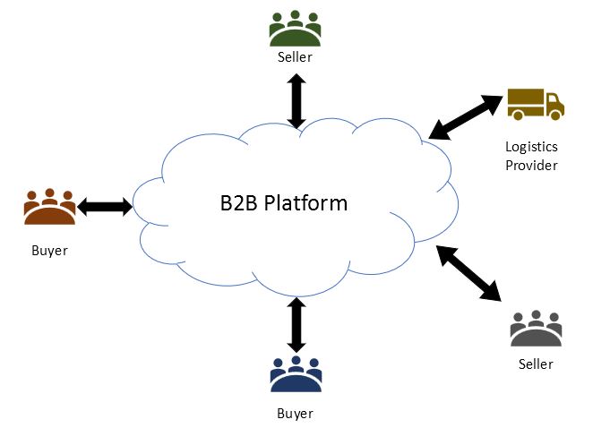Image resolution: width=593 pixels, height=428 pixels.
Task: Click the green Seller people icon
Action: click(x=295, y=30)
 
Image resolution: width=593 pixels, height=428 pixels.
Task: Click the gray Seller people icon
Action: click(x=536, y=330)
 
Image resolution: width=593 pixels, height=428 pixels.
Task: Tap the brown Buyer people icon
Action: click(x=50, y=207)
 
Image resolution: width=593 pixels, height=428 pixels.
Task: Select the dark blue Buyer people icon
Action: click(x=296, y=375)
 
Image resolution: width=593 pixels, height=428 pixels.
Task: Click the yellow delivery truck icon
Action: click(x=535, y=105)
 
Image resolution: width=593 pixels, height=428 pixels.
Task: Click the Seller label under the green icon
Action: click(x=295, y=58)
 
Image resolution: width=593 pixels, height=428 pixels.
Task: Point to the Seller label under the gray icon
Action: click(x=536, y=364)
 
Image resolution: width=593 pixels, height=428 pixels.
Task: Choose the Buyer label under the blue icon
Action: click(x=296, y=413)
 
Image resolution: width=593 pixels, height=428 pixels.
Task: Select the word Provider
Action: click(x=531, y=166)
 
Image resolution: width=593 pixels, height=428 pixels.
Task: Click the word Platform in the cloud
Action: click(x=305, y=203)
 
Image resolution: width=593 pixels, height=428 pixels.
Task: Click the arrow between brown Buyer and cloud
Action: click(x=105, y=208)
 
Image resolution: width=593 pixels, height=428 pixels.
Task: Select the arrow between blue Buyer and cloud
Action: click(x=295, y=324)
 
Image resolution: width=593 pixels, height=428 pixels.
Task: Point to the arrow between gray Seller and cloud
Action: click(x=469, y=272)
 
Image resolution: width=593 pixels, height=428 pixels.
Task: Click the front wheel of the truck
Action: click(x=554, y=115)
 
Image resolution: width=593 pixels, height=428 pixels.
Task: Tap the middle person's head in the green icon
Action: click(x=295, y=17)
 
